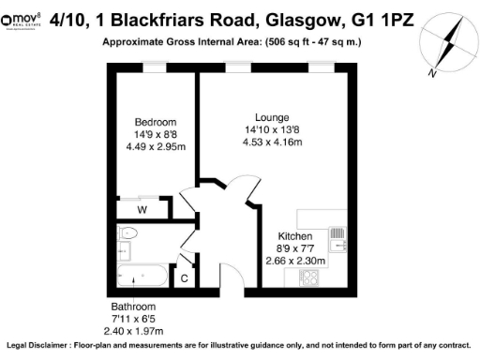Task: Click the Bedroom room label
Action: (x=155, y=122)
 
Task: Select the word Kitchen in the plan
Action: (x=294, y=236)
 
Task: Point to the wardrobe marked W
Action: (x=142, y=209)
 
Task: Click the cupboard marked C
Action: (x=184, y=277)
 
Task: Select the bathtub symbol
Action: (x=142, y=277)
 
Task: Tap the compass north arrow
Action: (x=448, y=46)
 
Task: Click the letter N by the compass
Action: (x=430, y=72)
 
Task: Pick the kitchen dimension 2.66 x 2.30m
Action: (x=294, y=261)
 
